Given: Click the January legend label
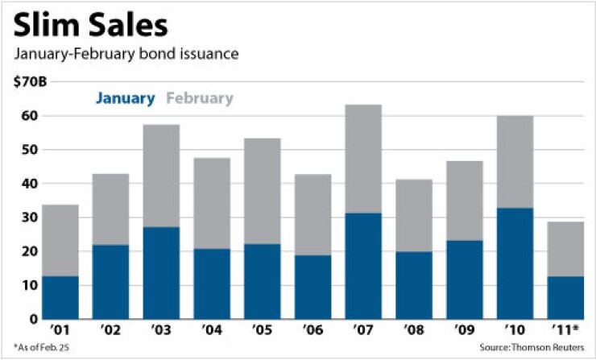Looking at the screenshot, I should click(125, 98).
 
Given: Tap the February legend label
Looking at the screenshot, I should click(199, 98).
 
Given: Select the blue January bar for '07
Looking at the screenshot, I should click(363, 266).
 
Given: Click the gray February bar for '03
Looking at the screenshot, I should click(161, 176).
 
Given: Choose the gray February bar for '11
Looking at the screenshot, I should click(565, 249).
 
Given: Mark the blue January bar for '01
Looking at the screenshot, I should click(60, 297).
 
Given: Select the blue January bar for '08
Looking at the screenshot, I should click(413, 285).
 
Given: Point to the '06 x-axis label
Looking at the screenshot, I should click(312, 331).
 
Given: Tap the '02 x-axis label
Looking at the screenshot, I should click(111, 331).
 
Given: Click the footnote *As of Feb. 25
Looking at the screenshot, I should click(37, 349).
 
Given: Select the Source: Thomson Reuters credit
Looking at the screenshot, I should click(536, 349).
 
